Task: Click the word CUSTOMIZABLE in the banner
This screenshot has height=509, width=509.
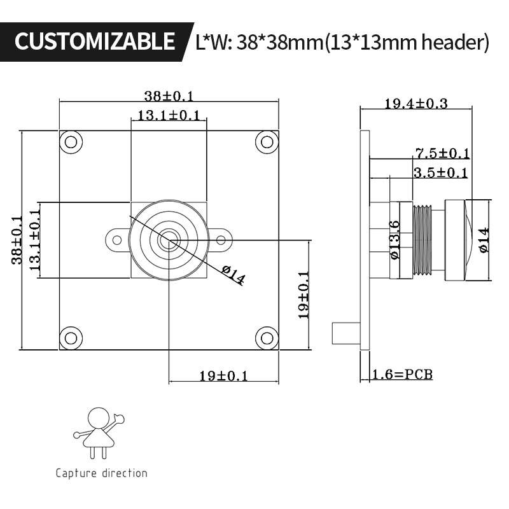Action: click(94, 41)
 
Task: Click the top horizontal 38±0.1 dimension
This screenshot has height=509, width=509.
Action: click(169, 96)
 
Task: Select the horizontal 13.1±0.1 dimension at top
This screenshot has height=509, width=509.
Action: click(169, 115)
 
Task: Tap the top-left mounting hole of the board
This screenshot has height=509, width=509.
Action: click(71, 141)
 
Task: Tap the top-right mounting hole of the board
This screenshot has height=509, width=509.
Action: click(267, 141)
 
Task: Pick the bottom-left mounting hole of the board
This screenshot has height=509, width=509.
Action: click(71, 338)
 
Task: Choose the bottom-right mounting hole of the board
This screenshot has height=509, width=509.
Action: click(267, 338)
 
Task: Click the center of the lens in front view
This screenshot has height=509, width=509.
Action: click(169, 241)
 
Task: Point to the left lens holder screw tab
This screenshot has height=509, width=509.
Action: click(116, 240)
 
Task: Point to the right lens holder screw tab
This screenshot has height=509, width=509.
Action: click(220, 240)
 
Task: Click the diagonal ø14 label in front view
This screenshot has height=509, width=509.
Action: click(234, 275)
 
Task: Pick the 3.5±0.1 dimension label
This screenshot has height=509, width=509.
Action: click(440, 172)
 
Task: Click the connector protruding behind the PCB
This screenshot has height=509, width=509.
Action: click(345, 333)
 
